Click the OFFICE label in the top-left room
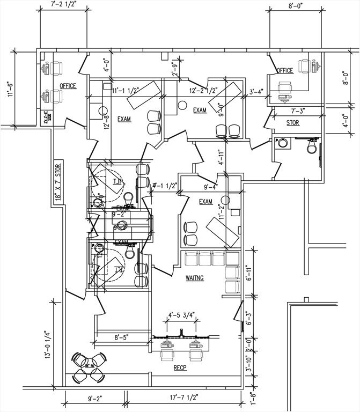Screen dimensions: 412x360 point(68,86)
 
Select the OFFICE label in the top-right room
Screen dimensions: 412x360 point(284,70)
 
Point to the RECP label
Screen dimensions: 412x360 point(179,369)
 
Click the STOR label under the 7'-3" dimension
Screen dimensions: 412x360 point(293,123)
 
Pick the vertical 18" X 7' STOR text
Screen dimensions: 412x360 point(58,182)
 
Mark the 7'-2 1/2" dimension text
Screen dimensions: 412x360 point(64,4)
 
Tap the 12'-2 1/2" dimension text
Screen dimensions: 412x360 point(203,92)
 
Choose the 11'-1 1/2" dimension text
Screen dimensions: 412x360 point(127,92)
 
